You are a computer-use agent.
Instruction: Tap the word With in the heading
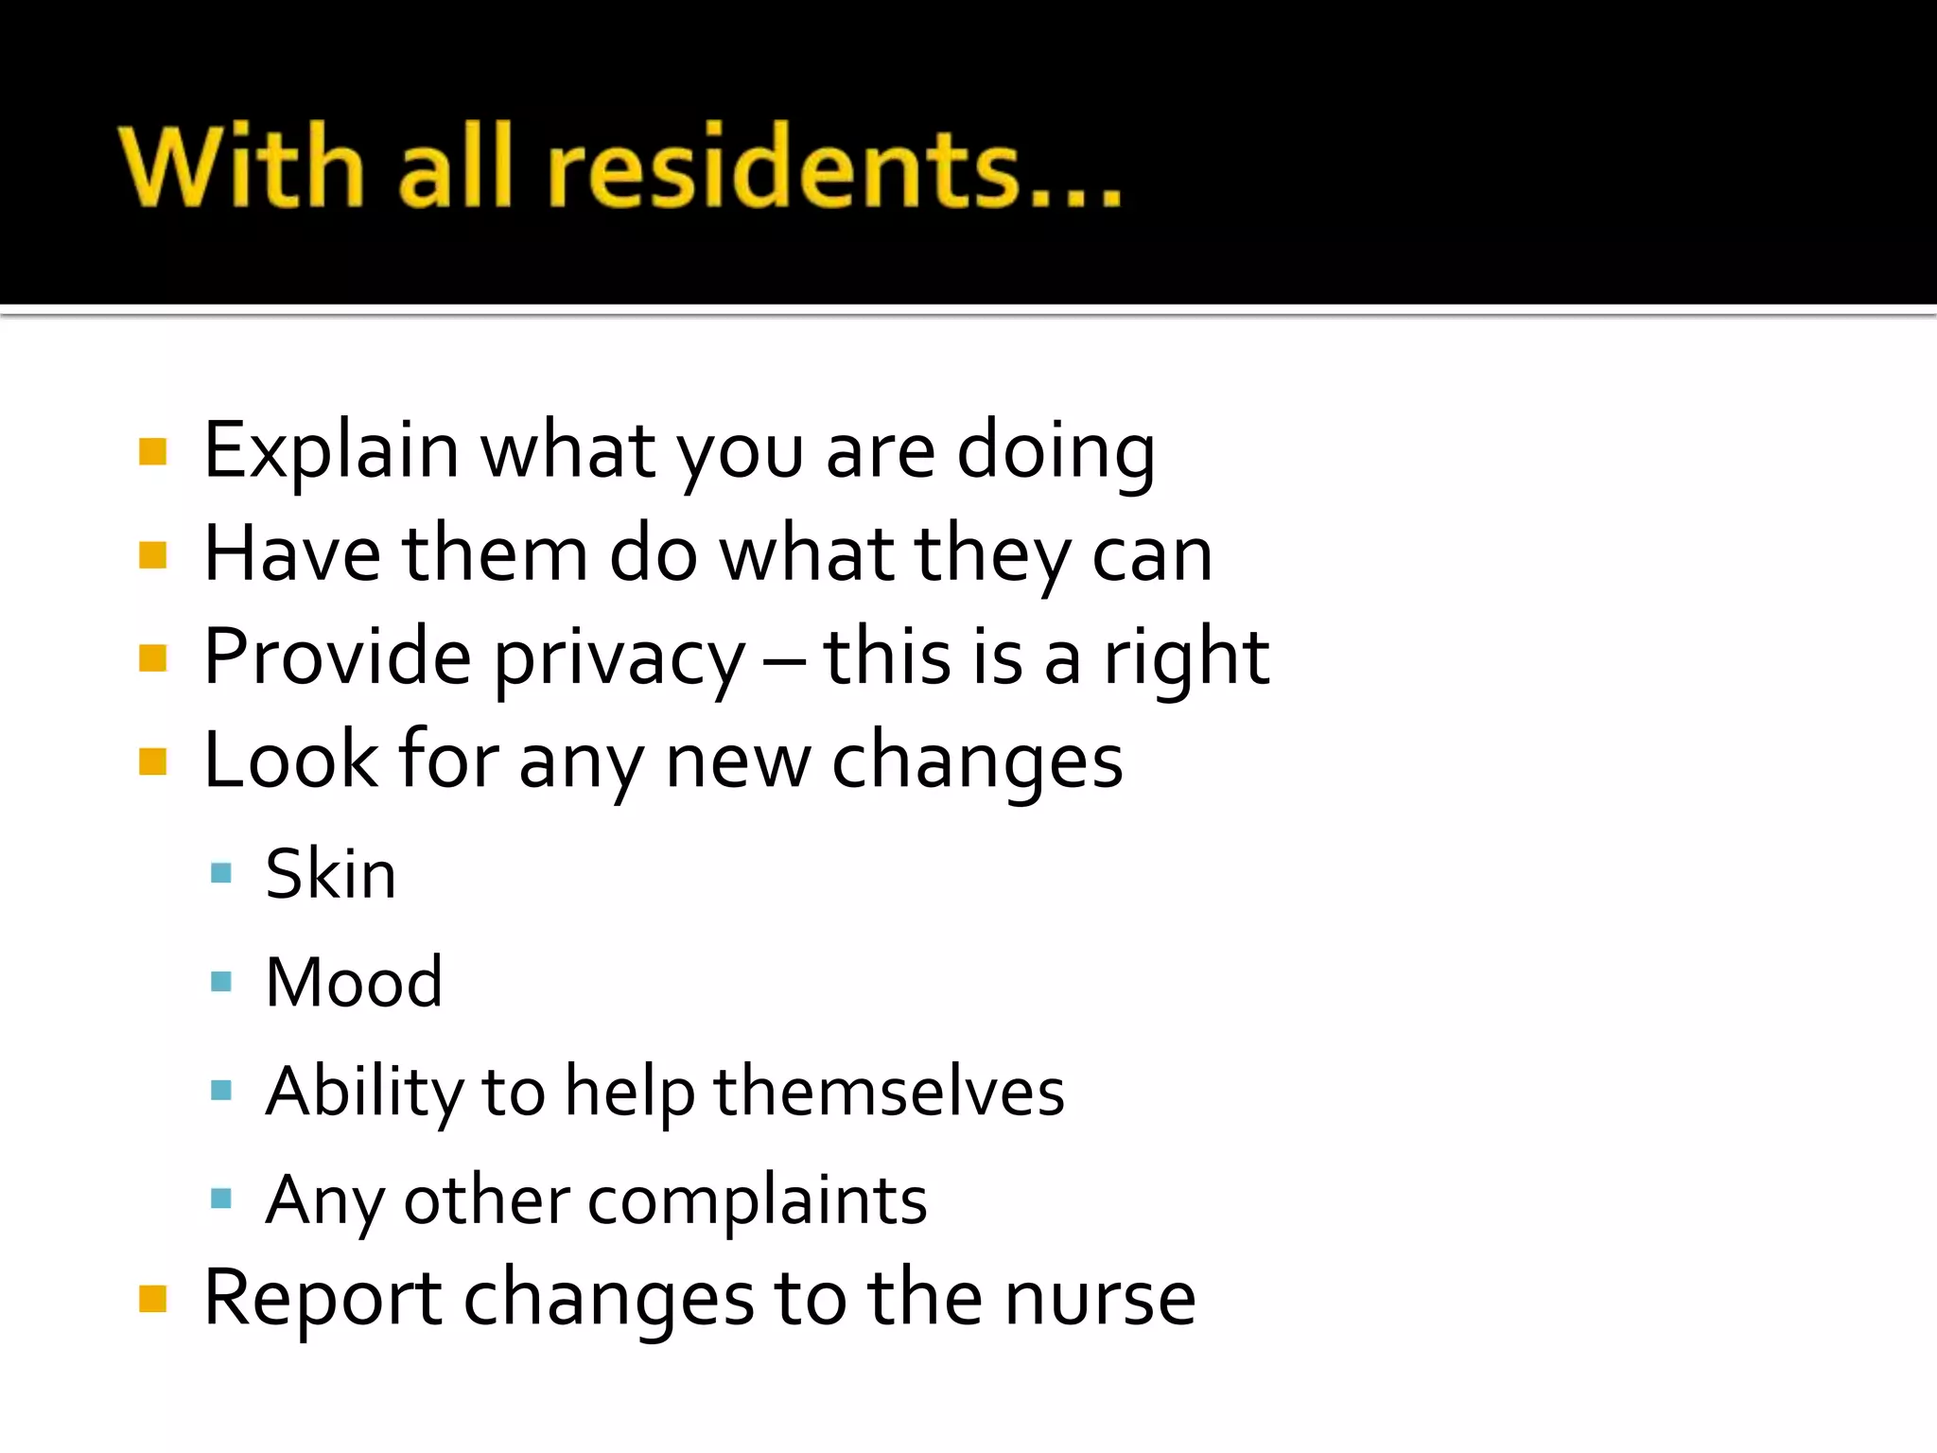tap(242, 167)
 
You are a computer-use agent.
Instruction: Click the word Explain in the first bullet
tap(331, 451)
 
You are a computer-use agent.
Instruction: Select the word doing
tap(1056, 451)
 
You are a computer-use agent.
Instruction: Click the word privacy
tap(619, 658)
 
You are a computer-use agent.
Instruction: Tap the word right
tap(1187, 658)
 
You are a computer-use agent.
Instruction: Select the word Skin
tap(330, 874)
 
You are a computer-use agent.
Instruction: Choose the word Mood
tap(354, 983)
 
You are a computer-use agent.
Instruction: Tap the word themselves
tap(888, 1093)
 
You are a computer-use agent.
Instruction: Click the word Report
tap(323, 1299)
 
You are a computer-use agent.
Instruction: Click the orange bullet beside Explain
tap(152, 451)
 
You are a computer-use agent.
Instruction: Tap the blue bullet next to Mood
tap(221, 981)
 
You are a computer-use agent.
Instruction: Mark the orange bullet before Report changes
tap(152, 1299)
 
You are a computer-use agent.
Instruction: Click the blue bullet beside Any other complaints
tap(221, 1199)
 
